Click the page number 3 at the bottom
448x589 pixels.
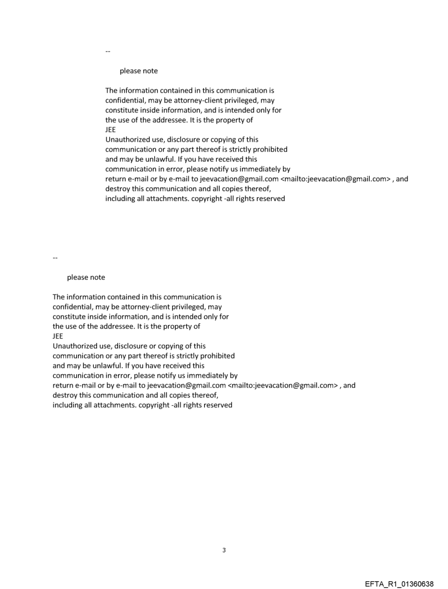click(224, 550)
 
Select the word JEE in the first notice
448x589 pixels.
click(110, 130)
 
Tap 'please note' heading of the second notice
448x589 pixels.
click(86, 278)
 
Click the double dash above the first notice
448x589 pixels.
click(108, 52)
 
